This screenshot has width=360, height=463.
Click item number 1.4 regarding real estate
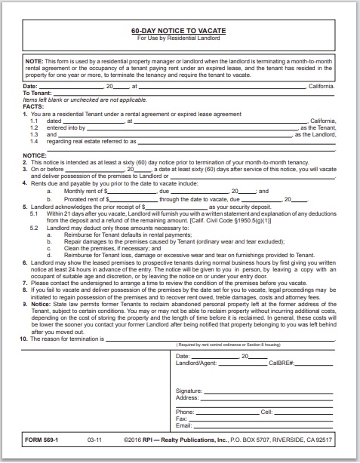click(x=35, y=140)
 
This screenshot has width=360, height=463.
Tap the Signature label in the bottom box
click(x=189, y=391)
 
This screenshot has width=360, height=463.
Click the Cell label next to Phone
click(x=266, y=412)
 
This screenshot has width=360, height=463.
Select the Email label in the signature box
click(x=183, y=425)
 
